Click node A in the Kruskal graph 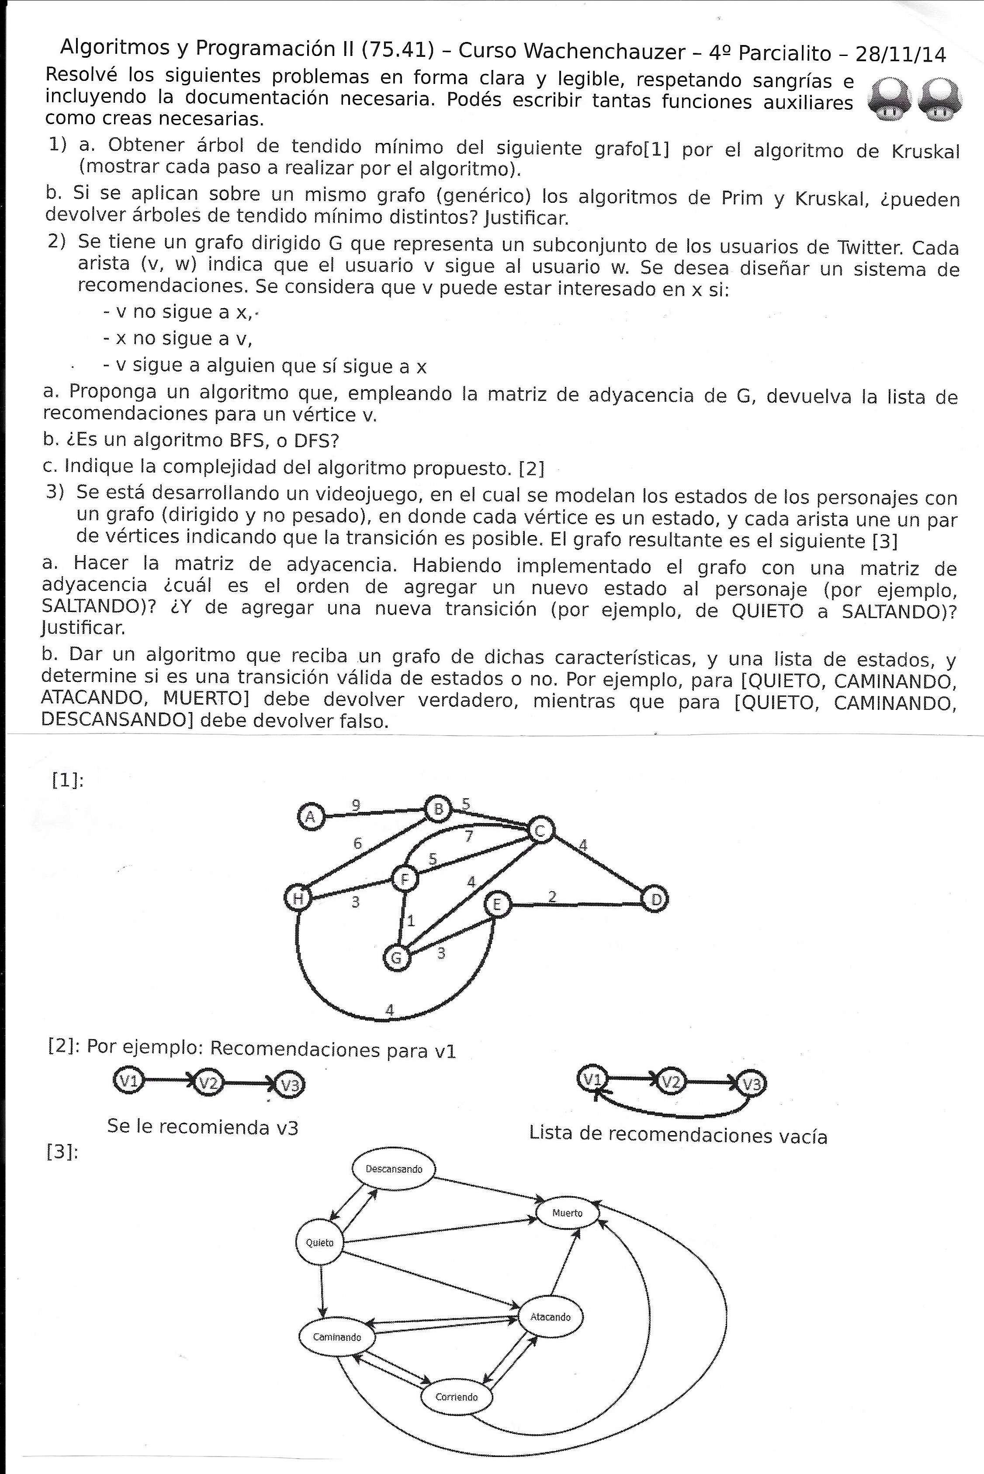pyautogui.click(x=309, y=817)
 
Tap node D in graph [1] pyautogui.click(x=655, y=900)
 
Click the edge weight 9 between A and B pyautogui.click(x=356, y=805)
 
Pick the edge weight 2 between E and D pyautogui.click(x=552, y=897)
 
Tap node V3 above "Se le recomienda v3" pyautogui.click(x=290, y=1085)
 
